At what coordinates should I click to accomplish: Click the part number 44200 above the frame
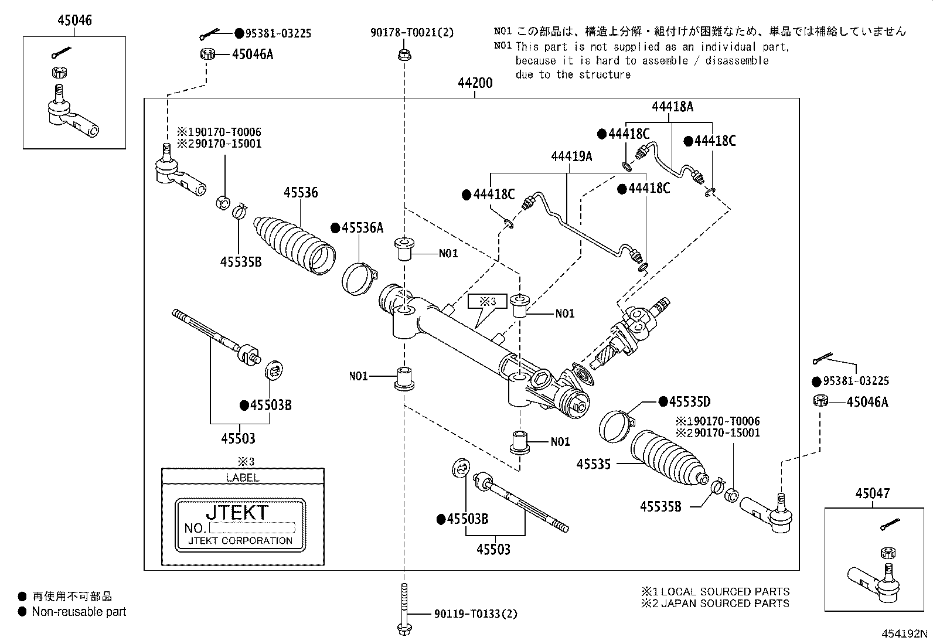[475, 83]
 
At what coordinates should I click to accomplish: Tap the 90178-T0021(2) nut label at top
[412, 33]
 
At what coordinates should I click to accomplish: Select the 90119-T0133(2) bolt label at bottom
[476, 614]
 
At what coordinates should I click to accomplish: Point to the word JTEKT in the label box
[237, 512]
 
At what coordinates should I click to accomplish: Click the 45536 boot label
[301, 192]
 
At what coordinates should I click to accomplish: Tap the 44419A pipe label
[571, 156]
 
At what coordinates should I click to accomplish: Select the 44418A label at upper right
[672, 107]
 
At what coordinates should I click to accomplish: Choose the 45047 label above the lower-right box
[872, 493]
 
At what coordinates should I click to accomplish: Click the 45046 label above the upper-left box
[74, 21]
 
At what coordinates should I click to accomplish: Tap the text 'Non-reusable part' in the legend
[79, 612]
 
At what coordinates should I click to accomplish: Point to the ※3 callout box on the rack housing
[488, 302]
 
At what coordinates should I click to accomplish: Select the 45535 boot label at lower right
[593, 464]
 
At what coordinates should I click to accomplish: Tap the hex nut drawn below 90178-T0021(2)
[403, 56]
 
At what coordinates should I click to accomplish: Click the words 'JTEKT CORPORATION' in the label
[240, 541]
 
